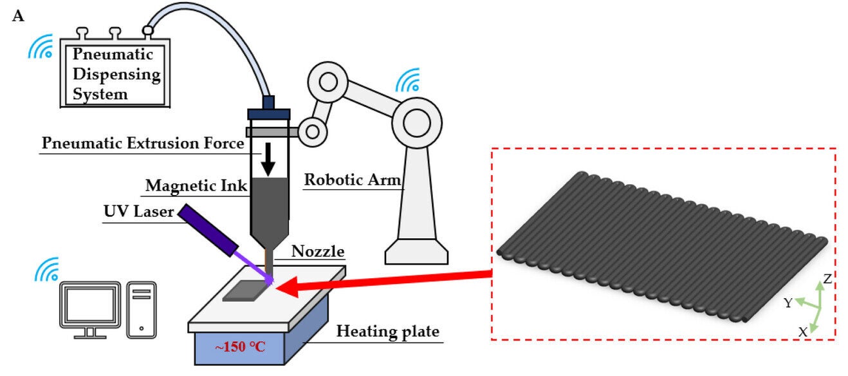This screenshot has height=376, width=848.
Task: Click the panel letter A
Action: (18, 15)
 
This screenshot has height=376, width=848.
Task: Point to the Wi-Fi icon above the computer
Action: (46, 269)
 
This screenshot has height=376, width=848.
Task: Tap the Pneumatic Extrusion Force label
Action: (143, 143)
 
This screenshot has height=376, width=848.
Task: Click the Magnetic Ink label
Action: (196, 186)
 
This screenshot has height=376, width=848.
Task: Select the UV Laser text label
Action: (138, 211)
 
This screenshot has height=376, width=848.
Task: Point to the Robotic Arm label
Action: (351, 180)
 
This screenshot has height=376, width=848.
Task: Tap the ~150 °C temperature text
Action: (239, 348)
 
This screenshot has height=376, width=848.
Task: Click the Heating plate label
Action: (388, 332)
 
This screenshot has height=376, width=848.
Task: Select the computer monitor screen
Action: (89, 302)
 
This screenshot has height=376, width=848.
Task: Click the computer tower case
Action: (141, 310)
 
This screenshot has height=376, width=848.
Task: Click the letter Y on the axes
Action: (788, 303)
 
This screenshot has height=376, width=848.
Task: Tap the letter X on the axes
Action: (803, 332)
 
